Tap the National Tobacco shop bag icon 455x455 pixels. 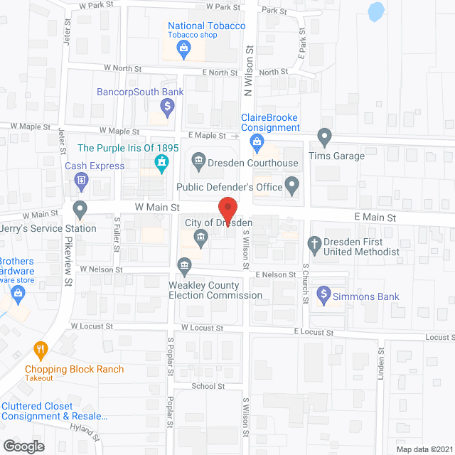(183, 49)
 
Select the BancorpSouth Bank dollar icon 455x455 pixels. (167, 108)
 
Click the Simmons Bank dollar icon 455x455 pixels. (323, 292)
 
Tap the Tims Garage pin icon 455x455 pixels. (324, 135)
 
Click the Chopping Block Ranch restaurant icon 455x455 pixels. (41, 350)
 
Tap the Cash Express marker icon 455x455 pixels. (81, 181)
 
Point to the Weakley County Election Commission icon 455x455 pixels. (184, 267)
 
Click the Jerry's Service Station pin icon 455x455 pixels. (80, 210)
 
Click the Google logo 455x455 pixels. (23, 446)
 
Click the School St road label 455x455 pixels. (208, 386)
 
